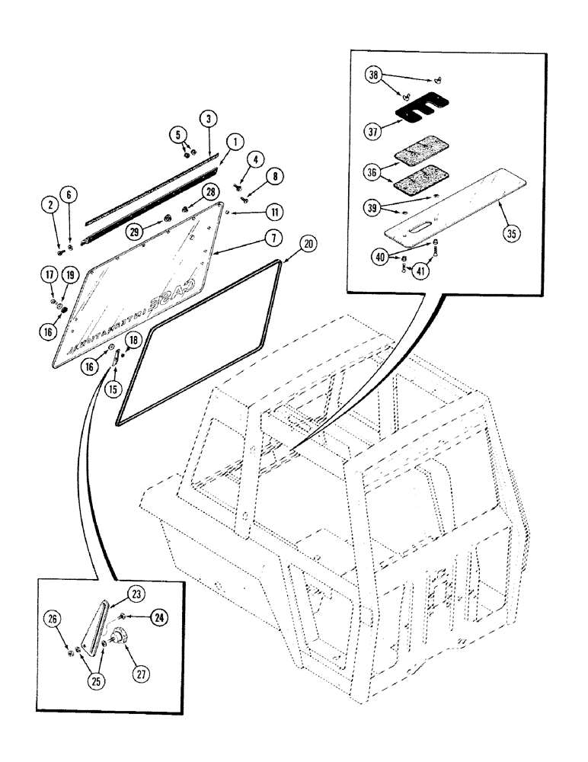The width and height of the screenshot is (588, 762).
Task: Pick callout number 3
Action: coord(206,118)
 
